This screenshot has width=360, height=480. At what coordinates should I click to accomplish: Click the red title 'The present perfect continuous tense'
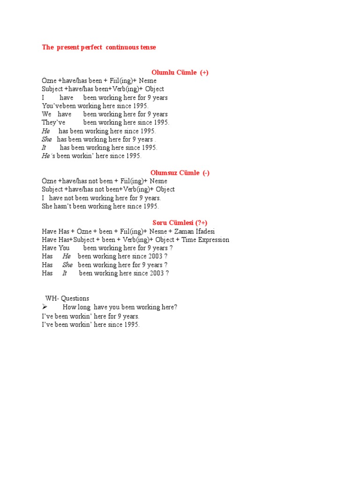(99, 47)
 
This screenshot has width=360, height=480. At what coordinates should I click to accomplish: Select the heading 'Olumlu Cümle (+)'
(180, 72)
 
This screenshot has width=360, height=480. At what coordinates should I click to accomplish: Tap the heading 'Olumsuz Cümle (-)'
(180, 172)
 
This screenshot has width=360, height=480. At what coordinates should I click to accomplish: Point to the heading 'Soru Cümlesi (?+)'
(180, 223)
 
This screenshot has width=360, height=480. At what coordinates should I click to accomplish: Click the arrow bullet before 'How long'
(45, 307)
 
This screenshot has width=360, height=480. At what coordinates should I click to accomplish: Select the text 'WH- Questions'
(67, 298)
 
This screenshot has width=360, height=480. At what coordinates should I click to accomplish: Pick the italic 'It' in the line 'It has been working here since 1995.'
(44, 147)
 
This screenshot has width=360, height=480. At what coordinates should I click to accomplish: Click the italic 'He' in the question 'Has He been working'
(67, 256)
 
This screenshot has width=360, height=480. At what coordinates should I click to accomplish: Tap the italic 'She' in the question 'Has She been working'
(67, 265)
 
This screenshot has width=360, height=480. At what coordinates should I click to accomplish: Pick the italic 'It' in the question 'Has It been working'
(65, 273)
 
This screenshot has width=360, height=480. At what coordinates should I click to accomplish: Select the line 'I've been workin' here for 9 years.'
(90, 316)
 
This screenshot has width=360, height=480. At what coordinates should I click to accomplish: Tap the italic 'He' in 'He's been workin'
(45, 156)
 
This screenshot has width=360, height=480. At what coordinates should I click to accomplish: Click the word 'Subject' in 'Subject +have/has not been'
(52, 189)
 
